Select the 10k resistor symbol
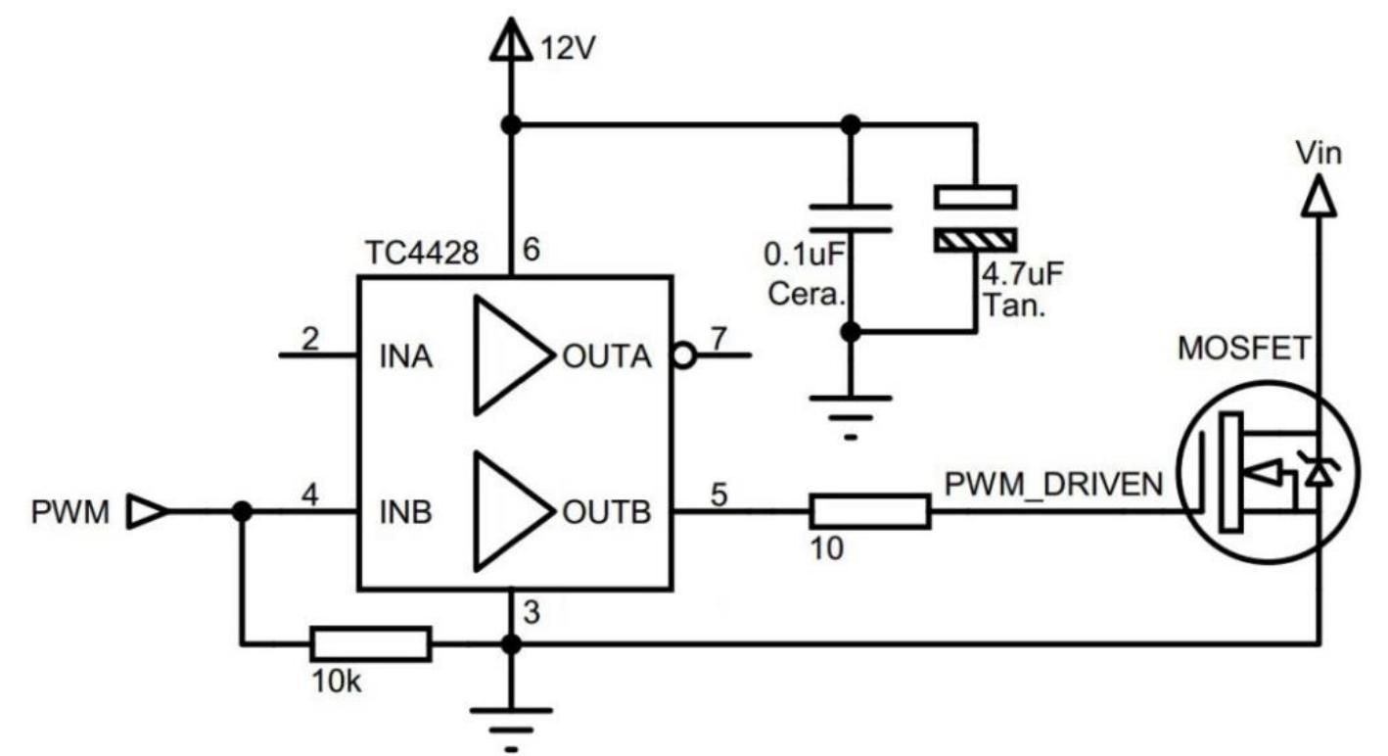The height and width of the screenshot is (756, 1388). (370, 643)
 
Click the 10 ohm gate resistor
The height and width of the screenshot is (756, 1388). (869, 511)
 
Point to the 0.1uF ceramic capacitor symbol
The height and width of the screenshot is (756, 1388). (851, 218)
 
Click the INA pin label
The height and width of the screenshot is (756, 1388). (404, 356)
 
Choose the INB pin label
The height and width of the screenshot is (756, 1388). (404, 512)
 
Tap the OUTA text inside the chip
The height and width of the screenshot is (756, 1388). (606, 356)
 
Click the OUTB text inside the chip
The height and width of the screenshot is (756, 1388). (606, 512)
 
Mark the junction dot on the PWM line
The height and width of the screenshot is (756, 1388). (240, 511)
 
